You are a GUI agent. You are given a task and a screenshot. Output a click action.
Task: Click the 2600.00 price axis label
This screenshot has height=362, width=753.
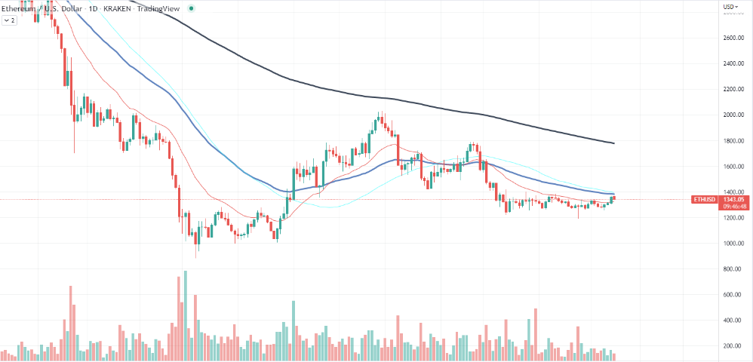click(733, 38)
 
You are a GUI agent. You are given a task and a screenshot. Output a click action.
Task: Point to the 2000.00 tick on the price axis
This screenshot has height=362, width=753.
click(733, 115)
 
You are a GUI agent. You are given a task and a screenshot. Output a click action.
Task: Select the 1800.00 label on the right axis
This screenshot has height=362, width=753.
click(733, 141)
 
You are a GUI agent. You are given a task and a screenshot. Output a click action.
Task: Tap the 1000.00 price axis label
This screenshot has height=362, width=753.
click(733, 244)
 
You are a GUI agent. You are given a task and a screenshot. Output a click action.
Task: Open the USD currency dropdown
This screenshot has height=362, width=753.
click(730, 7)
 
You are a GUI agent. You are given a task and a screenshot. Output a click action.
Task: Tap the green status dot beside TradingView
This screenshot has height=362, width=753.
click(192, 8)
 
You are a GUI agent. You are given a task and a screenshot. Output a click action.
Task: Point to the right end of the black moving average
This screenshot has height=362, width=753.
click(613, 143)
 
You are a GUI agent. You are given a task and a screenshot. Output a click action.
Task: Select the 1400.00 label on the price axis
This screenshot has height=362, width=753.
click(733, 192)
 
